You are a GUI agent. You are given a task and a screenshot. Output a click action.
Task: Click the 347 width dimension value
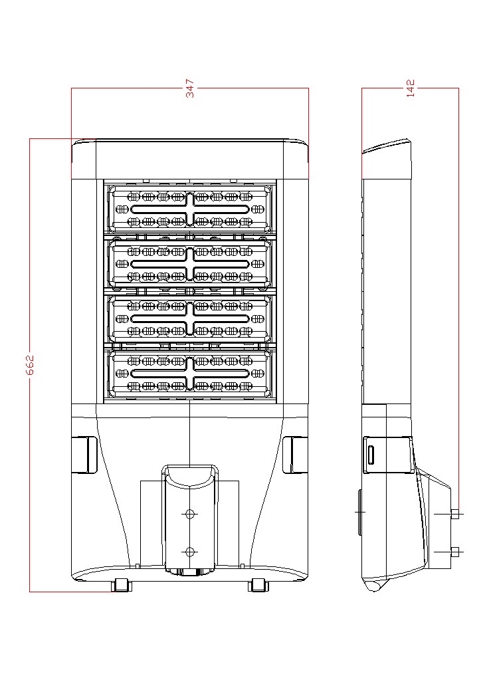pyautogui.click(x=190, y=90)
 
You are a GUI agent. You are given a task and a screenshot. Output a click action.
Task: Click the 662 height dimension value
pyautogui.click(x=30, y=364)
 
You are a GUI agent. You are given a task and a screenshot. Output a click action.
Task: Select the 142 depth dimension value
pyautogui.click(x=411, y=89)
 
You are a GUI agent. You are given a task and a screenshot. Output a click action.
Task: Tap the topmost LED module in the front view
pyautogui.click(x=190, y=209)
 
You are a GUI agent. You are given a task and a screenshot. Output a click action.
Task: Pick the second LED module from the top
pyautogui.click(x=190, y=264)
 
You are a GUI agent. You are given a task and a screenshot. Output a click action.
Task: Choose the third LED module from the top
pyautogui.click(x=190, y=319)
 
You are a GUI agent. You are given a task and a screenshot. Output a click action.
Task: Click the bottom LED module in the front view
pyautogui.click(x=190, y=374)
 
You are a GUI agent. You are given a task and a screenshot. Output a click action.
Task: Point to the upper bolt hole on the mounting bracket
pyautogui.click(x=190, y=514)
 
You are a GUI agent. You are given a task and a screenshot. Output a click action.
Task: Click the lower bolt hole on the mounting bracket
pyautogui.click(x=190, y=552)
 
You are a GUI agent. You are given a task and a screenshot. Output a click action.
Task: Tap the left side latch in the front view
pyautogui.click(x=84, y=455)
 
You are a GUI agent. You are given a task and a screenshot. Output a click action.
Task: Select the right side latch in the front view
pyautogui.click(x=295, y=455)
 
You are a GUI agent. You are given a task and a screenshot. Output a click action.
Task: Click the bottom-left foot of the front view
pyautogui.click(x=121, y=585)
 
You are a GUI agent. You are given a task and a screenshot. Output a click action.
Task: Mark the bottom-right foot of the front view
pyautogui.click(x=258, y=585)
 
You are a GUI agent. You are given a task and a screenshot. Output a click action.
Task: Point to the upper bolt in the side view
pyautogui.click(x=454, y=514)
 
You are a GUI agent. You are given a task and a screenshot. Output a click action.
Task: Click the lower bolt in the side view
pyautogui.click(x=454, y=551)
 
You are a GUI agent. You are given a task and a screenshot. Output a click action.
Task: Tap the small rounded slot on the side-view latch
pyautogui.click(x=371, y=455)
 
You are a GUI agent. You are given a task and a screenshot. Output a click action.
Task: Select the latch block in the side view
pyautogui.click(x=389, y=454)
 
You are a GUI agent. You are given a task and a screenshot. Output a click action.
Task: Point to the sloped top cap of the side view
pyautogui.click(x=387, y=147)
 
